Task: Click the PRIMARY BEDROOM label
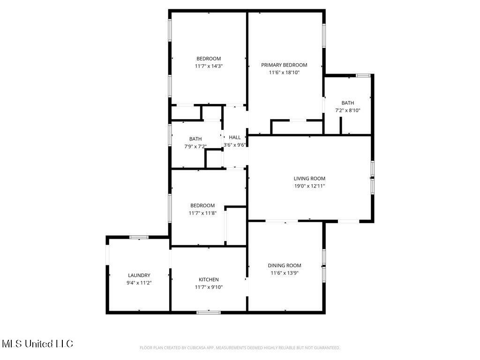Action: [284, 65]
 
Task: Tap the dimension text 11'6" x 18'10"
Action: [284, 73]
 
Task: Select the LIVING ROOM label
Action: [309, 179]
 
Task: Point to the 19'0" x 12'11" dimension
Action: [309, 186]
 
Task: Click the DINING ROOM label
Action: [285, 266]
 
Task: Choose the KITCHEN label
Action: [209, 280]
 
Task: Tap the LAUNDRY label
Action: [139, 276]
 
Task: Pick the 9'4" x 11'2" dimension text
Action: [139, 283]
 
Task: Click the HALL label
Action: [235, 137]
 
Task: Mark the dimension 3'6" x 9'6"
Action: [235, 145]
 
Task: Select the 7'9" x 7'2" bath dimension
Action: [195, 146]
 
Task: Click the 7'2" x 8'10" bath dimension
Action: [347, 111]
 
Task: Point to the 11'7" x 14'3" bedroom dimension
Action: [209, 66]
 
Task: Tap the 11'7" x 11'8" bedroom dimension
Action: [202, 213]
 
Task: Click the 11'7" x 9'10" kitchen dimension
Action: [209, 287]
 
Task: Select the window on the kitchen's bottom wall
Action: [209, 312]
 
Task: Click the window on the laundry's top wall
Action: [139, 237]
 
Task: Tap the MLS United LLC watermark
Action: [37, 344]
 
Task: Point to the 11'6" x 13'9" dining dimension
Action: [285, 273]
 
